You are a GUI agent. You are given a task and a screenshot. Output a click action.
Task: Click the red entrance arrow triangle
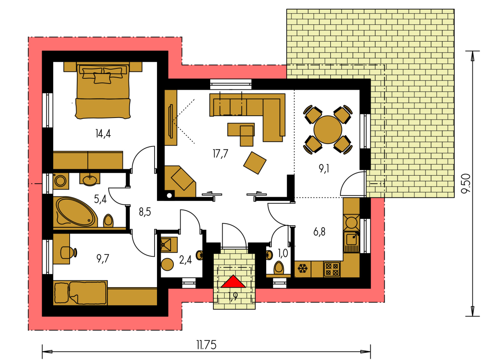[x=233, y=282]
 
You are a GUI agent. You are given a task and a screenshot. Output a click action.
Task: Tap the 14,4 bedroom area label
[x=103, y=133]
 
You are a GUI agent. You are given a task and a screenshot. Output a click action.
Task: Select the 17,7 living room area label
[x=221, y=154]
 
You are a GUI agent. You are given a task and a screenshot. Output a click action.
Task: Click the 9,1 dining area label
[x=324, y=169]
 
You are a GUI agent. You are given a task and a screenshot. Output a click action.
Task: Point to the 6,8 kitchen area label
[x=319, y=232]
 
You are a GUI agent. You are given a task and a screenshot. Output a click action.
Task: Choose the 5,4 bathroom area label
[x=100, y=199]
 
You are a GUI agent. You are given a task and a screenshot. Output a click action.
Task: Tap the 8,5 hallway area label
[x=145, y=212]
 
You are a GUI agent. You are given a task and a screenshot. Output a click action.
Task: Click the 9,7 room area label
[x=103, y=259]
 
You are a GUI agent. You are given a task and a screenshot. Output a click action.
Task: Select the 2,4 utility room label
[x=185, y=260]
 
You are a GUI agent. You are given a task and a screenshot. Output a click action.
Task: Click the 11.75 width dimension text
[x=207, y=345]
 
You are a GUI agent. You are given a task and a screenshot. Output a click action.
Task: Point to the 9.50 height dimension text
[x=466, y=184]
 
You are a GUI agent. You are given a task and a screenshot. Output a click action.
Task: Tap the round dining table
[x=327, y=130]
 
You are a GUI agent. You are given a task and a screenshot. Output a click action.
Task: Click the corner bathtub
[x=76, y=212]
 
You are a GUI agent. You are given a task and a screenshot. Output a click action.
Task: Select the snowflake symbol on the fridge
[x=302, y=269]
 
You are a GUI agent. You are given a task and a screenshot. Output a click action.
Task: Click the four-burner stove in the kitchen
[x=332, y=269]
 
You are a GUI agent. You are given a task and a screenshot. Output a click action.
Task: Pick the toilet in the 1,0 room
[x=279, y=268]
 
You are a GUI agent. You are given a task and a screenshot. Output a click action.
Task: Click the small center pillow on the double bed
[x=102, y=78]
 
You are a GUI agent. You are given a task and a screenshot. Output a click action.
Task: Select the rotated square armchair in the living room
[x=255, y=163]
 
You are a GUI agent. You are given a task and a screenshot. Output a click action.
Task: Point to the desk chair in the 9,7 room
[x=68, y=252]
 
